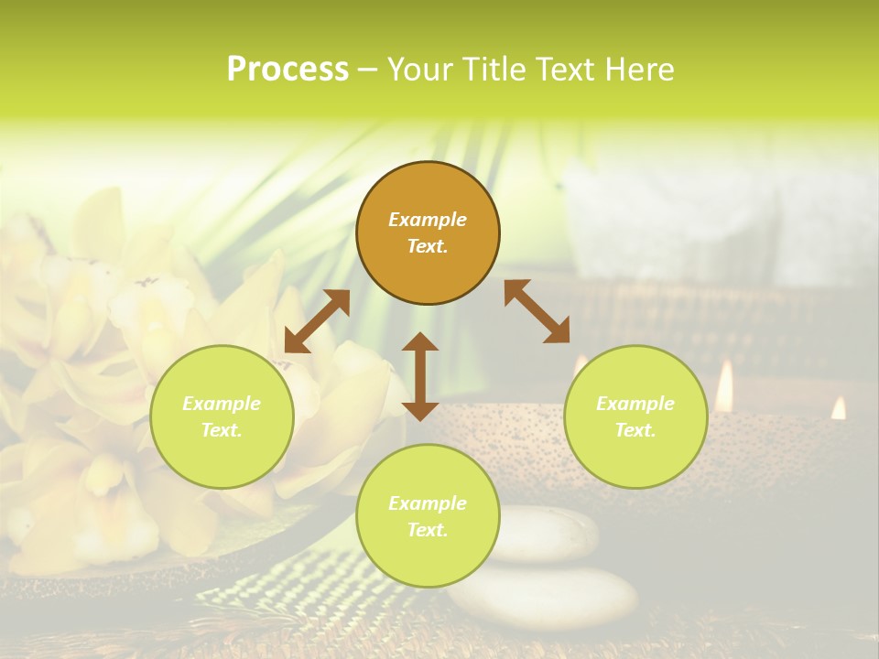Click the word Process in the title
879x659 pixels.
(288, 70)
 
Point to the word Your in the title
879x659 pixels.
(419, 70)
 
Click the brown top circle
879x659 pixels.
(428, 233)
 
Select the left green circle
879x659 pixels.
(222, 416)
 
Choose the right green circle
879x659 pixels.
(635, 416)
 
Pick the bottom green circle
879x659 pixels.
(428, 516)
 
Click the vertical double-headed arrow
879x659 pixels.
(420, 376)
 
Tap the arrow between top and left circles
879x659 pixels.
(317, 321)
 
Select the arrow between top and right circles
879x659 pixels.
(537, 311)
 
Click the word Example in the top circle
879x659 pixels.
(428, 220)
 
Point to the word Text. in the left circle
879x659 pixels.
(222, 430)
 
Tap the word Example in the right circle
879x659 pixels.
(635, 404)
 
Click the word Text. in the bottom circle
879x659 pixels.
(428, 530)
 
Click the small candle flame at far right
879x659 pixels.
(839, 408)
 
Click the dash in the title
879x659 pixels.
(368, 70)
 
